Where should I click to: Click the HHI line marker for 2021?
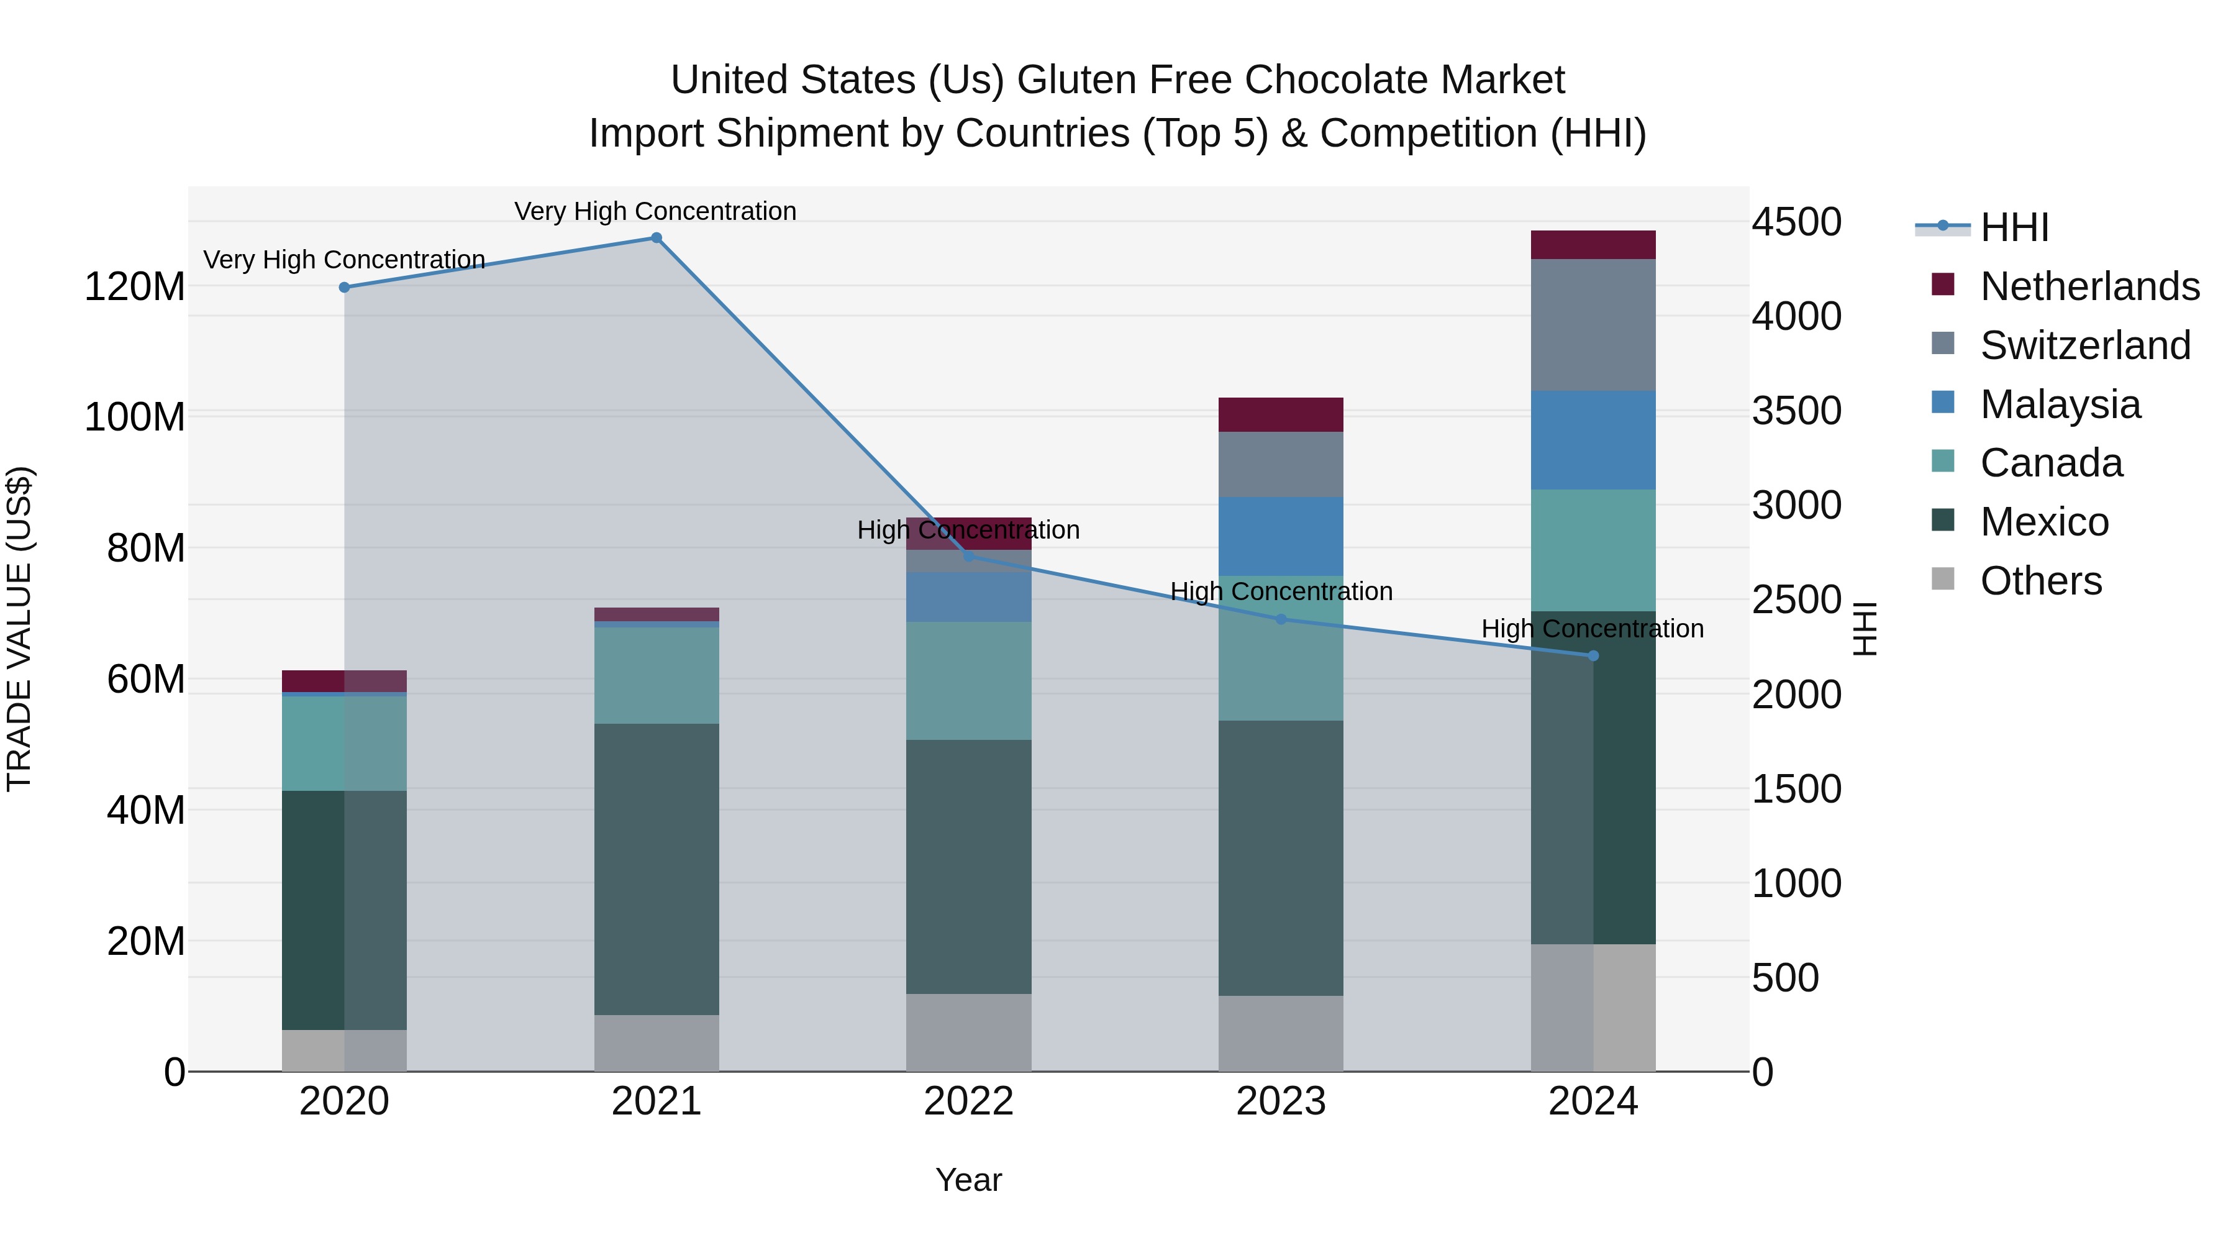pyautogui.click(x=657, y=238)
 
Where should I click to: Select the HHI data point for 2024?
pyautogui.click(x=1593, y=655)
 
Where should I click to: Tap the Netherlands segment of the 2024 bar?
pyautogui.click(x=1593, y=245)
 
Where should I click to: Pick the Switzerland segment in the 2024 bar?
pyautogui.click(x=1593, y=325)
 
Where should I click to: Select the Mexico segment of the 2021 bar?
pyautogui.click(x=657, y=868)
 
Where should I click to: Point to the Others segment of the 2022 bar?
pyautogui.click(x=969, y=1032)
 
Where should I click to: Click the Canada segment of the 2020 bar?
pyautogui.click(x=343, y=742)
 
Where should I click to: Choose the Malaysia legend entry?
pyautogui.click(x=2060, y=404)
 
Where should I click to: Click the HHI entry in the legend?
pyautogui.click(x=2014, y=227)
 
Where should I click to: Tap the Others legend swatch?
pyautogui.click(x=1943, y=579)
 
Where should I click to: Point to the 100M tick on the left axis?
pyautogui.click(x=135, y=417)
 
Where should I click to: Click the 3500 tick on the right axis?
pyautogui.click(x=1796, y=411)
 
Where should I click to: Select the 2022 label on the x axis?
pyautogui.click(x=969, y=1101)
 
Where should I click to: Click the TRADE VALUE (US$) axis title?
pyautogui.click(x=19, y=629)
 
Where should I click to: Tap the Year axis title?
pyautogui.click(x=969, y=1180)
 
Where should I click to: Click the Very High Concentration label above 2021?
pyautogui.click(x=655, y=211)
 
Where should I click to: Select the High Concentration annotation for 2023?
pyautogui.click(x=1281, y=591)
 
